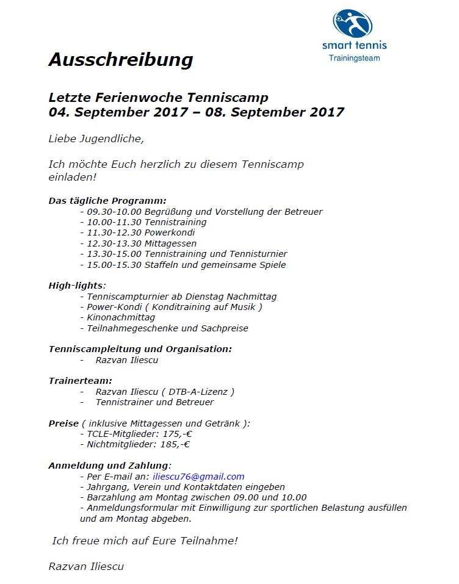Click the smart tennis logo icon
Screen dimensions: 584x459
click(353, 24)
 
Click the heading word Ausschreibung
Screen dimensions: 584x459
click(120, 60)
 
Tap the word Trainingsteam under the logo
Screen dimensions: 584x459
click(354, 58)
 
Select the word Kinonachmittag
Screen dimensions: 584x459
click(121, 317)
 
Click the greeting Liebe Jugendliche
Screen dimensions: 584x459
click(96, 139)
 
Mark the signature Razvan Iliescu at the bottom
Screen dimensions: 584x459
click(86, 566)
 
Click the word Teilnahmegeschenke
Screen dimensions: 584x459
click(133, 328)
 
